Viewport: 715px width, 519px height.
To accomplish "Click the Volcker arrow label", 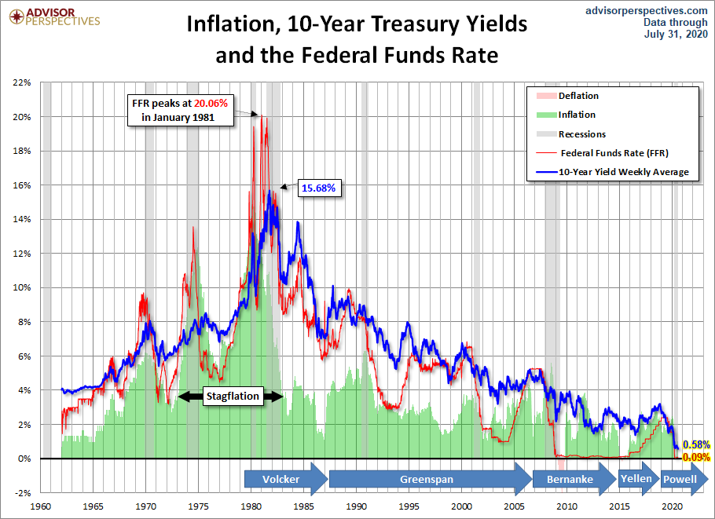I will tap(281, 479).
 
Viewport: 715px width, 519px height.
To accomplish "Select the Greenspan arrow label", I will tap(427, 479).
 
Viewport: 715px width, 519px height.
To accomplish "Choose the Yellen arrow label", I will tap(636, 478).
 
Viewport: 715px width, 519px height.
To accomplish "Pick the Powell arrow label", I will tap(680, 479).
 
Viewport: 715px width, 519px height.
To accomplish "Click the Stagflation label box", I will tap(232, 397).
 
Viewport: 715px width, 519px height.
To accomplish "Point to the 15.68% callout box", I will tap(318, 188).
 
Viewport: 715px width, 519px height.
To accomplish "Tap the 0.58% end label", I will tap(696, 445).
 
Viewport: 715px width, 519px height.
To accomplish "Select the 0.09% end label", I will tap(696, 457).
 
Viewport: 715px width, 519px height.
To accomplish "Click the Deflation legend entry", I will tap(577, 96).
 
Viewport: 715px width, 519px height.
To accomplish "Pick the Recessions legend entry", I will tap(582, 133).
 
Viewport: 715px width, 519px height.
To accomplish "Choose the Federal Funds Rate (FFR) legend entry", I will tap(614, 152).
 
